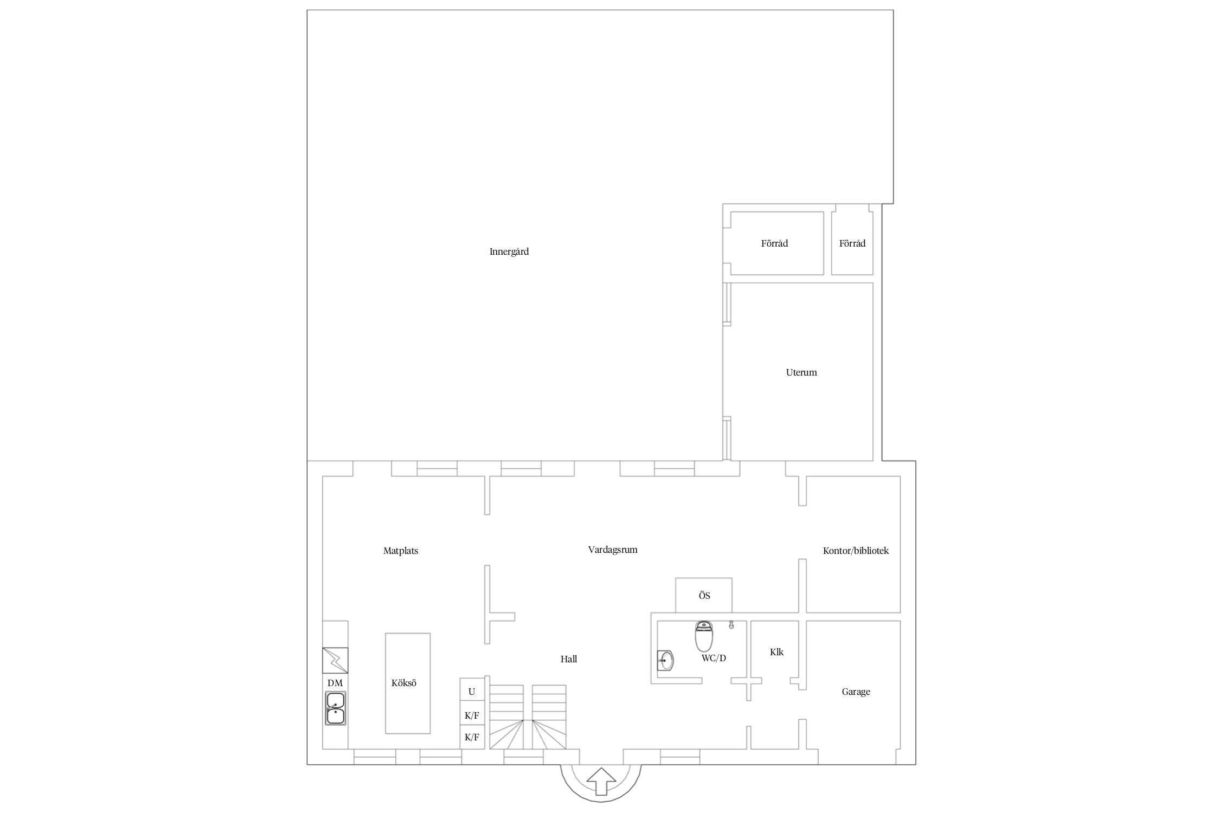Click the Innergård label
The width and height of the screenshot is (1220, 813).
point(509,251)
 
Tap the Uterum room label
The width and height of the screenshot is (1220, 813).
point(801,372)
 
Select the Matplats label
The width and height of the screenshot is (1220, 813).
point(401,551)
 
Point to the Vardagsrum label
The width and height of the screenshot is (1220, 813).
point(613,550)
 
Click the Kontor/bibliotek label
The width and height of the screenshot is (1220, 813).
point(856,551)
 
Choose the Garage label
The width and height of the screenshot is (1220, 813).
point(856,692)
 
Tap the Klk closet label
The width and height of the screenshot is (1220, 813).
point(776,652)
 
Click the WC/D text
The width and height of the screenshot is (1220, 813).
point(714,658)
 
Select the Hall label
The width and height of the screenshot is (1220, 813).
point(569,659)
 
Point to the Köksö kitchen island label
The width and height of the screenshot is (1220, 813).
point(404,683)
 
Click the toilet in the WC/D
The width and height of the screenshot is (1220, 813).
point(704,636)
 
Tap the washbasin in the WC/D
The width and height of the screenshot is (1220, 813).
point(665,661)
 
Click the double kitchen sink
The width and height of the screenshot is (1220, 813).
point(335,708)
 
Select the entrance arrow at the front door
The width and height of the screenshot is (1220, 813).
point(601,781)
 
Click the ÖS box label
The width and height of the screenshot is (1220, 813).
point(704,596)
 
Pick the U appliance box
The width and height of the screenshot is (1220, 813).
point(472,689)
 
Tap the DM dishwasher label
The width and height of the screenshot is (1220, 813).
point(335,683)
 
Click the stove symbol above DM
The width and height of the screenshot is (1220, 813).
point(335,660)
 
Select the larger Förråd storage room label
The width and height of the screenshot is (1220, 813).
point(774,243)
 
